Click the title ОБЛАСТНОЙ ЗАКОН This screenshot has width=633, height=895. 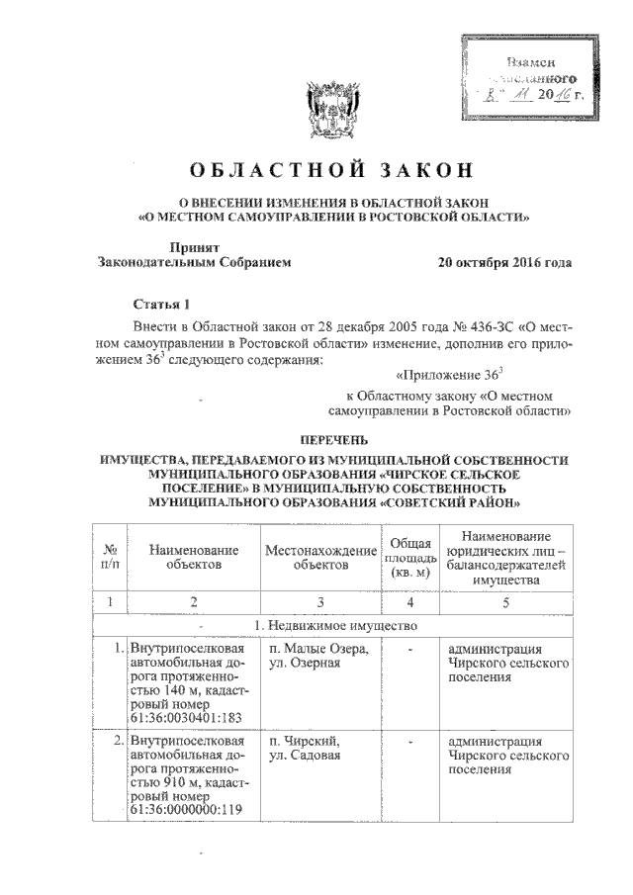(x=316, y=170)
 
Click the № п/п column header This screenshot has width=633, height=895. (x=111, y=556)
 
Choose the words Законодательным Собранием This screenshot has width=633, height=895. (x=194, y=263)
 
